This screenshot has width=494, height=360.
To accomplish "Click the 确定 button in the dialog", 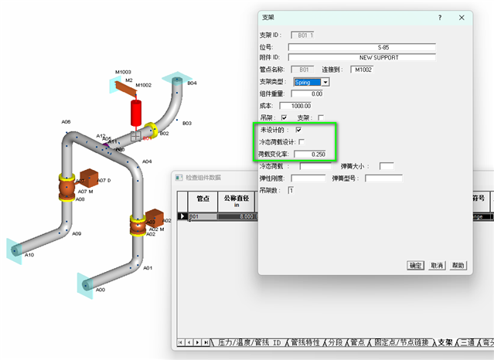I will [x=415, y=265].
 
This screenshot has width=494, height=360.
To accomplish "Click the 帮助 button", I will [x=458, y=265].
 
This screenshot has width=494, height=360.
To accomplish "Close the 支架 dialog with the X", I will [x=461, y=17].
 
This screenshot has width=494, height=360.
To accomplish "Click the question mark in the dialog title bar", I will [x=438, y=17].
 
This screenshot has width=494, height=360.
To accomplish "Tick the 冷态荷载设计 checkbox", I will [x=302, y=141].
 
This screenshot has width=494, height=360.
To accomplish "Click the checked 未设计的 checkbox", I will [x=298, y=130].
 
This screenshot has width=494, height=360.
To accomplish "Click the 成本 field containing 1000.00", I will [x=295, y=106].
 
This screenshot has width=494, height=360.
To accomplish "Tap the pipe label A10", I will [x=29, y=255].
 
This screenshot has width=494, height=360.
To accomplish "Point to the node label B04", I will [x=192, y=83].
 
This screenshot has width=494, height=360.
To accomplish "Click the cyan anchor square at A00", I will [x=84, y=286].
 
